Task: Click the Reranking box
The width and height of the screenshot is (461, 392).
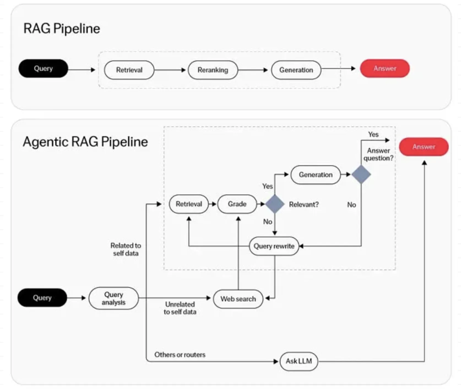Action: coord(213,70)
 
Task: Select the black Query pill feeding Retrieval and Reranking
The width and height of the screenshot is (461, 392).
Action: coord(43,69)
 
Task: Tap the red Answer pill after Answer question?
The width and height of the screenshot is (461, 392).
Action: coord(423,147)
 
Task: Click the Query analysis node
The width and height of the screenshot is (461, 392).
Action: coord(114,298)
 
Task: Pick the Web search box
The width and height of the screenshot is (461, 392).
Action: coord(238,299)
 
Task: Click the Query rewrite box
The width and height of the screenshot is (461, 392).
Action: coord(274,246)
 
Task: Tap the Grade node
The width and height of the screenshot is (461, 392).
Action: coord(237,204)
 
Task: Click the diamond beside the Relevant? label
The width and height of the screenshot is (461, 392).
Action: coord(274,204)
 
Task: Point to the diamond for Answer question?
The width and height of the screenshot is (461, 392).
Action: coord(361,175)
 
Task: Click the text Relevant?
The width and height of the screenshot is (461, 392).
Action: coord(303,205)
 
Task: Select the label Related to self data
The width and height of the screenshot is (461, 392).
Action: coord(125,249)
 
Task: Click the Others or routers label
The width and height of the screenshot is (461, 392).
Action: coord(180,355)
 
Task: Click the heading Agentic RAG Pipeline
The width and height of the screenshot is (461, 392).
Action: coord(85,141)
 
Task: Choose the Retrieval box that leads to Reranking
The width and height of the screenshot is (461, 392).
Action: coord(129,70)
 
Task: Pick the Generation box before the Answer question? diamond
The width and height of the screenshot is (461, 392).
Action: coord(315,175)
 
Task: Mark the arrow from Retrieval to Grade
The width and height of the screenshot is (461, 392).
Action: coord(212,204)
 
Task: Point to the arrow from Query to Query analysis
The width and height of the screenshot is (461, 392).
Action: coord(77,298)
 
